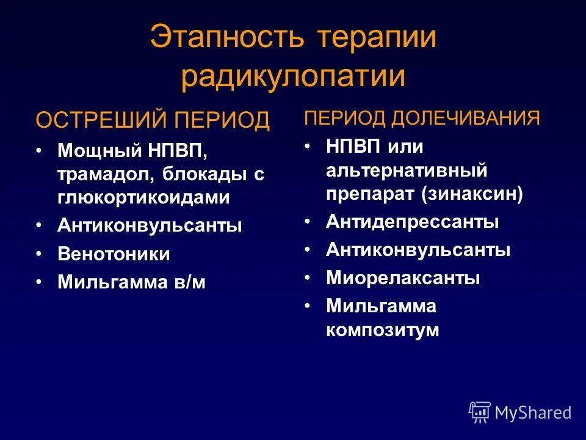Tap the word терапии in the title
pyautogui.click(x=377, y=38)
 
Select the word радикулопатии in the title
pyautogui.click(x=293, y=77)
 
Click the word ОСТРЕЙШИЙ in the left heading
pyautogui.click(x=103, y=120)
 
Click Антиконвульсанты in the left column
pyautogui.click(x=150, y=226)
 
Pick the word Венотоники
pyautogui.click(x=114, y=254)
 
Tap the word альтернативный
pyautogui.click(x=406, y=170)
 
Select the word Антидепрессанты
pyautogui.click(x=412, y=221)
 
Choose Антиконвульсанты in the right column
pyautogui.click(x=418, y=250)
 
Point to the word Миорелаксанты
pyautogui.click(x=403, y=279)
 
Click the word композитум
pyautogui.click(x=382, y=330)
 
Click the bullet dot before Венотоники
pyautogui.click(x=38, y=254)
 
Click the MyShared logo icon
pyautogui.click(x=480, y=413)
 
